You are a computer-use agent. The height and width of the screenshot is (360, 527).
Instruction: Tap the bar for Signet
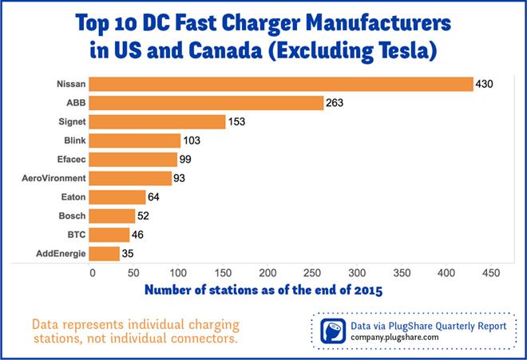(159, 122)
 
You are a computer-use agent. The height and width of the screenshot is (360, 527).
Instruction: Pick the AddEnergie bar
(106, 254)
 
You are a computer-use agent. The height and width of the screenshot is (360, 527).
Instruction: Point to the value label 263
(337, 103)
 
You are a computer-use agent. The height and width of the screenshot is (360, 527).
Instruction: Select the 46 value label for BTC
(139, 235)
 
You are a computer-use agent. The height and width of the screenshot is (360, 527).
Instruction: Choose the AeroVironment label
(53, 178)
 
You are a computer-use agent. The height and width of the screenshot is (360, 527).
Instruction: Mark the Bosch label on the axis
(69, 216)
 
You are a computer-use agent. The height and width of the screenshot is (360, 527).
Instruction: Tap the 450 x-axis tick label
(489, 272)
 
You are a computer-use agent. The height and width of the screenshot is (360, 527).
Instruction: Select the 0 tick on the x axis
(93, 272)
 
